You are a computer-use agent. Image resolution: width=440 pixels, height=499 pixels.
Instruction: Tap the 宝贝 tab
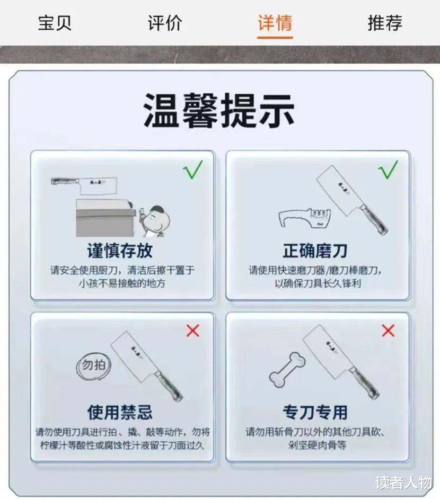[55, 23]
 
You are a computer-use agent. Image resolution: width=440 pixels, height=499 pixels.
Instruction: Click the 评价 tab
[165, 23]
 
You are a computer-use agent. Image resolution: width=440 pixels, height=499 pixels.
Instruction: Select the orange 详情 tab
[275, 23]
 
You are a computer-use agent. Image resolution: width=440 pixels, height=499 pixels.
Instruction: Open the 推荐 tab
[385, 23]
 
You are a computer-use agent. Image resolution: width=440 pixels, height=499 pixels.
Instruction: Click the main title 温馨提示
[219, 110]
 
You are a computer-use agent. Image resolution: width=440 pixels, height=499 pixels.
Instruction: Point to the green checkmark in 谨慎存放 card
[193, 170]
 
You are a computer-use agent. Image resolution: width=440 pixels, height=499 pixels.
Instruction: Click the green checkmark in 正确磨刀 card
[388, 170]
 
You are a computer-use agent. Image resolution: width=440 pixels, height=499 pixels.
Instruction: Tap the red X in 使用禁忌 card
[192, 331]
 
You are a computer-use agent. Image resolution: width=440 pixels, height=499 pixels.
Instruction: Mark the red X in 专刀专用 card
[388, 331]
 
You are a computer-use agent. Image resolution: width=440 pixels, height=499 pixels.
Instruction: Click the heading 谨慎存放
[120, 251]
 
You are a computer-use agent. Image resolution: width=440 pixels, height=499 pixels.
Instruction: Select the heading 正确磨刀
[315, 251]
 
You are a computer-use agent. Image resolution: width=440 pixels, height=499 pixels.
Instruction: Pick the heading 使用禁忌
[120, 413]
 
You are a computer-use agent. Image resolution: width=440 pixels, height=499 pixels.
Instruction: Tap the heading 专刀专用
[315, 413]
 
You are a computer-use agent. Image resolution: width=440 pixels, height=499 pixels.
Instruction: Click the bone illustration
[287, 369]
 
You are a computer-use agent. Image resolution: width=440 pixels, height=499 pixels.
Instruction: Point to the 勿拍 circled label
[93, 367]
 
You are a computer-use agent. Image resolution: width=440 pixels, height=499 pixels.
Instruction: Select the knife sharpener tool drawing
[305, 218]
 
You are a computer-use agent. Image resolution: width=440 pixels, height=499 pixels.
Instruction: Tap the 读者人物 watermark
[404, 483]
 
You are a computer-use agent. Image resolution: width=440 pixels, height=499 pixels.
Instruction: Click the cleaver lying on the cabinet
[84, 185]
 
